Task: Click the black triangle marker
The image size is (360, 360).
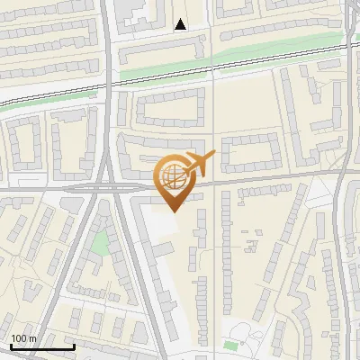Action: coord(181,24)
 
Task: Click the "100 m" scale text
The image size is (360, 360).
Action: coord(23,338)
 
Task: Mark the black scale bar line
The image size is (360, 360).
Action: coord(42,346)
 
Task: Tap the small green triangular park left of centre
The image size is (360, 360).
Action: coord(103,241)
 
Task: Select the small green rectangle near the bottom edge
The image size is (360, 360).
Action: coord(231,346)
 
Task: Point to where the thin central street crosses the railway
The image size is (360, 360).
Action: coord(212,71)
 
